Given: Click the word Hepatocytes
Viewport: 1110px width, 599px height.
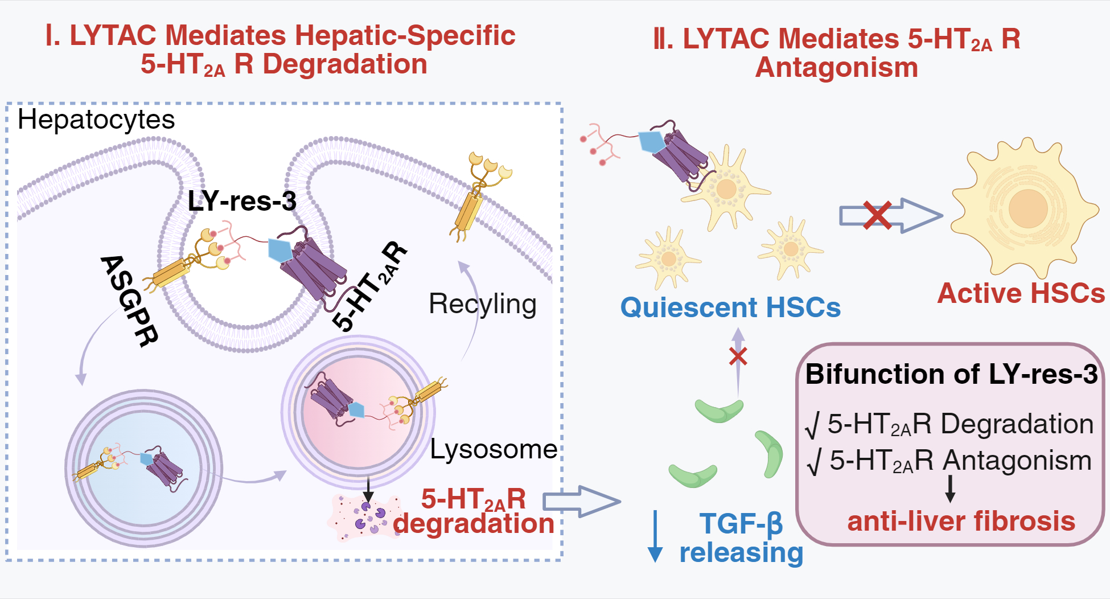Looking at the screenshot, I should pos(96,120).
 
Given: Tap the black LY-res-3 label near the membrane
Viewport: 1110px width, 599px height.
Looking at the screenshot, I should pos(242,201).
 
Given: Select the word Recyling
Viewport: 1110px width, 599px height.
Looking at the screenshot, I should pos(482,304).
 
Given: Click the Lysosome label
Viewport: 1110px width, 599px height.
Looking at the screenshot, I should pos(493,449).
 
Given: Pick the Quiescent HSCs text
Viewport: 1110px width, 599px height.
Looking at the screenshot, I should pos(730,307).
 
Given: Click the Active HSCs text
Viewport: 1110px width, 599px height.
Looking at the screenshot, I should pos(1021,294).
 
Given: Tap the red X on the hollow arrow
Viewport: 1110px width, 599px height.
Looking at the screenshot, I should pos(877,216).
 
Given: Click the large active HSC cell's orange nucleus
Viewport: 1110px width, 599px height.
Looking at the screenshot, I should pos(1028,208).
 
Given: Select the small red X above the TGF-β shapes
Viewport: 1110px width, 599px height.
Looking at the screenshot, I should pos(738,356).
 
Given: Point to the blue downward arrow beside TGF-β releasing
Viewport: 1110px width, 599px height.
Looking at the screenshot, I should pos(655,535).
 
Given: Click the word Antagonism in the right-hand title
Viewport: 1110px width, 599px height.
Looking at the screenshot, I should pos(836,68).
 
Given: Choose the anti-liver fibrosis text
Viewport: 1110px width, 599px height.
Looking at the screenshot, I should pos(961,521).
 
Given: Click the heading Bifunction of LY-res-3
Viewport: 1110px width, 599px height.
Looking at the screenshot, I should pos(951,375).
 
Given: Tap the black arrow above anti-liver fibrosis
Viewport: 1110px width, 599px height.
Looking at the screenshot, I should pos(950,489).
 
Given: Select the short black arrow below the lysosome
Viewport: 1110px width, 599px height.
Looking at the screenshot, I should pos(368,488).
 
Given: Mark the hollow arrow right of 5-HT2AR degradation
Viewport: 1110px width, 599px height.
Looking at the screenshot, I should pos(581,501).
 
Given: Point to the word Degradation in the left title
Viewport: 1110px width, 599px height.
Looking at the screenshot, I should pos(344,64).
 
